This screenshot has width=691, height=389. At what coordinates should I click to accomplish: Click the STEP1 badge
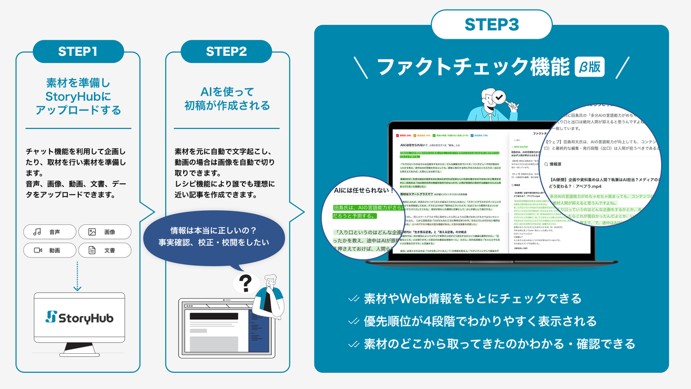(78, 51)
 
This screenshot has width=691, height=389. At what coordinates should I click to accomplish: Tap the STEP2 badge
(227, 51)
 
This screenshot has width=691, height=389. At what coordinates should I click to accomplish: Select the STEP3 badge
(491, 25)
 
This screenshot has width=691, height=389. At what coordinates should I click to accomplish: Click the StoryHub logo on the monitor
(79, 318)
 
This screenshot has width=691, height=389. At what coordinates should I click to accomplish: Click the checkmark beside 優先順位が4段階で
(354, 321)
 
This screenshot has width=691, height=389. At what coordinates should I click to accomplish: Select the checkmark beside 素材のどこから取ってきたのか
(354, 344)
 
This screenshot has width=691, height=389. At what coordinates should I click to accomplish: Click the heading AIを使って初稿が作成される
(226, 98)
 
